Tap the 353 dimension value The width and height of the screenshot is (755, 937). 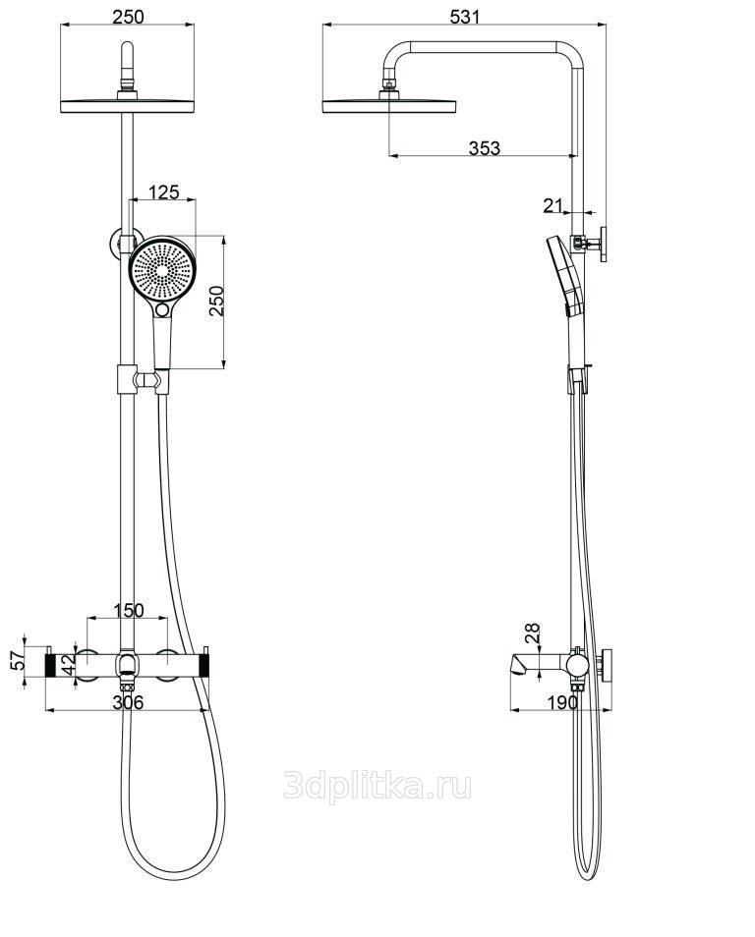[x=484, y=147]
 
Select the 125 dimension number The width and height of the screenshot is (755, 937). [x=163, y=192]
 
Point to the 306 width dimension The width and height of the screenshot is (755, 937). [x=128, y=702]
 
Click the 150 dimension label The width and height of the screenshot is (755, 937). [x=129, y=610]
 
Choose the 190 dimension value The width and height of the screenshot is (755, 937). [x=562, y=702]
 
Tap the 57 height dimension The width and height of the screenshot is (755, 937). [x=19, y=660]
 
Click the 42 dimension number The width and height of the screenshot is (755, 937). [x=68, y=664]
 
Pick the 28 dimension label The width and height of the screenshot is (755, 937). [x=532, y=634]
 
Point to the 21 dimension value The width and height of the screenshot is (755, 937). [x=552, y=205]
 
